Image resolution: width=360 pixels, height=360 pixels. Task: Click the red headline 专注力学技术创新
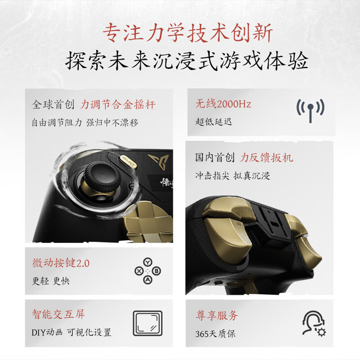click(187, 33)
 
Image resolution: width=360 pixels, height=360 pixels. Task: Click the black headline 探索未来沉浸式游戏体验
click(186, 61)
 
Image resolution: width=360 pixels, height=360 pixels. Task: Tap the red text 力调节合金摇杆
click(118, 105)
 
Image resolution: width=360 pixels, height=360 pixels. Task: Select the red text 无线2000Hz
click(223, 103)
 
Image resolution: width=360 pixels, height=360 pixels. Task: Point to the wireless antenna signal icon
click(310, 110)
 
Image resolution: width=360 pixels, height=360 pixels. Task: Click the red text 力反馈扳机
click(267, 157)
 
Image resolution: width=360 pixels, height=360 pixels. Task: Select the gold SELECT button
click(128, 161)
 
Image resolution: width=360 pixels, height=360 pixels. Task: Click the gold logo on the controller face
click(159, 161)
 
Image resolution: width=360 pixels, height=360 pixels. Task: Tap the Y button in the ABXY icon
click(148, 262)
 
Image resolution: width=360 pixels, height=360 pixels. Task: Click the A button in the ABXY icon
click(148, 280)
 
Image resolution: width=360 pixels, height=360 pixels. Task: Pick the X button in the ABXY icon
click(139, 271)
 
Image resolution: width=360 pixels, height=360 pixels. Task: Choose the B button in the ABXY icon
click(156, 271)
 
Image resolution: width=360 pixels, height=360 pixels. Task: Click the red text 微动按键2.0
click(61, 263)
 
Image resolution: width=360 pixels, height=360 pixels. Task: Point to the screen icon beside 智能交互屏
click(147, 323)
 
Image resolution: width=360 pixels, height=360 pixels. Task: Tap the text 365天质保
click(215, 334)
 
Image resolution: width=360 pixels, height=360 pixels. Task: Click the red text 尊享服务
click(217, 316)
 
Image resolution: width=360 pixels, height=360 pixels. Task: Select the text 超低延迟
click(214, 121)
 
